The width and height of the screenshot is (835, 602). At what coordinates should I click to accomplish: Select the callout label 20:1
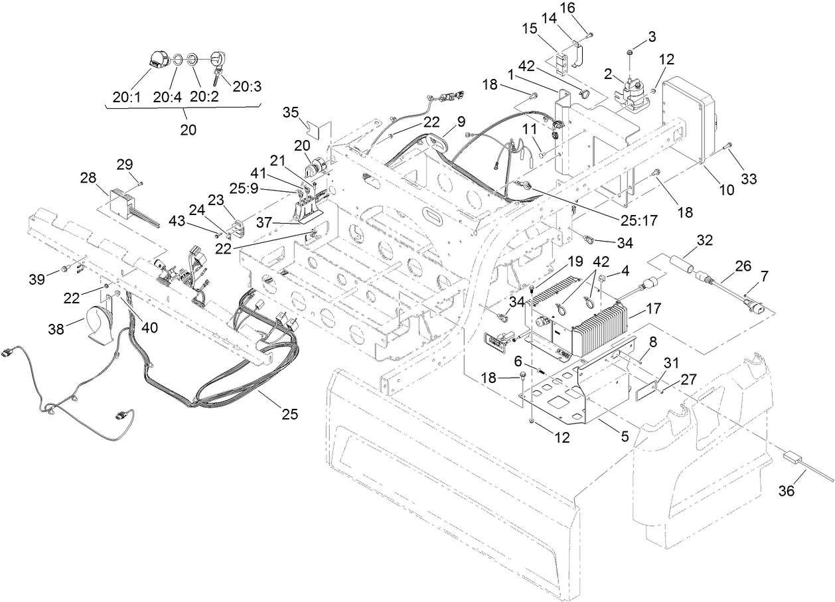pyautogui.click(x=125, y=97)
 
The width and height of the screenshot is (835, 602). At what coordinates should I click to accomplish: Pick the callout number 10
pyautogui.click(x=726, y=189)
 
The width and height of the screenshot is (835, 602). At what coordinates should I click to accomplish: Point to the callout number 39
pyautogui.click(x=37, y=278)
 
